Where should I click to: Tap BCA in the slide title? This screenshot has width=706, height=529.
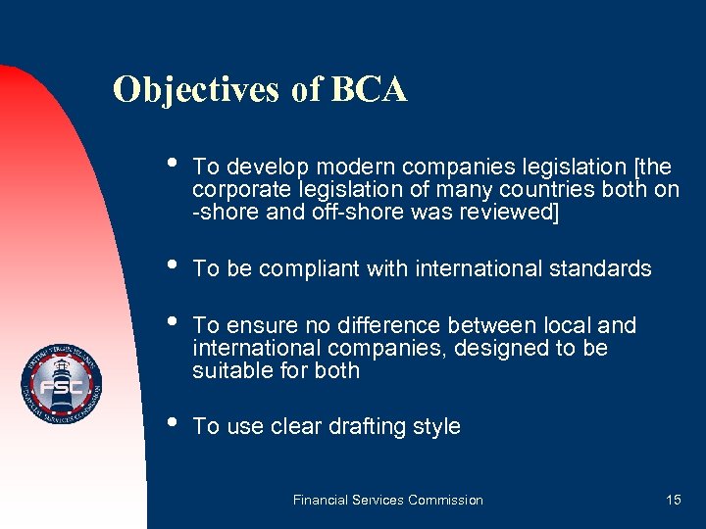click(x=370, y=89)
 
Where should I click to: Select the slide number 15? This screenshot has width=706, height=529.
click(x=673, y=500)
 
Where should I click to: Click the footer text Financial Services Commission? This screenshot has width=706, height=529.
click(x=388, y=500)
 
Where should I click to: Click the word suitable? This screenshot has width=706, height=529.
click(x=228, y=370)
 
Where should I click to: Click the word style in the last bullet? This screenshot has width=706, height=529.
click(x=435, y=427)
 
